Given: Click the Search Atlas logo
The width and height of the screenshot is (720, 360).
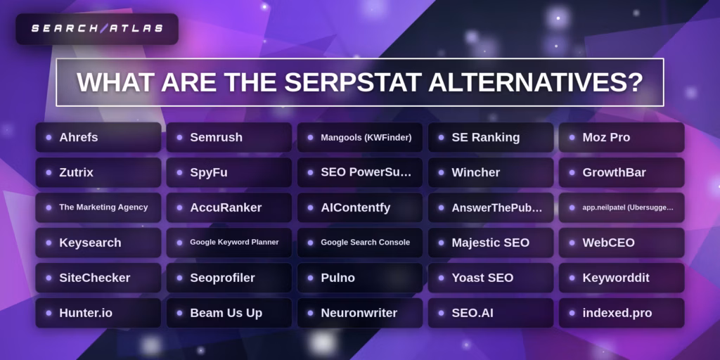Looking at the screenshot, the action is click(x=97, y=28).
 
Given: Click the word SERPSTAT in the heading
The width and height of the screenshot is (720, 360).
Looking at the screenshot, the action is click(x=353, y=82).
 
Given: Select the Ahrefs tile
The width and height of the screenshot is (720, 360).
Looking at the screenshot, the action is click(x=98, y=137).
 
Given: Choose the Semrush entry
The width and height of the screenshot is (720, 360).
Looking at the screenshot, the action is click(x=229, y=137).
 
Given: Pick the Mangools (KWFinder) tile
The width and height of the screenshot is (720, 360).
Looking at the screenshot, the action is click(x=359, y=137).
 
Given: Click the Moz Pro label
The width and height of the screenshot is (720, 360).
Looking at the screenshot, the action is click(x=606, y=137).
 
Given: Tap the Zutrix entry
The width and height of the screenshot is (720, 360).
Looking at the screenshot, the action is click(x=98, y=173).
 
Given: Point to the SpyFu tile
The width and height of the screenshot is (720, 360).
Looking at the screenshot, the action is click(x=229, y=173).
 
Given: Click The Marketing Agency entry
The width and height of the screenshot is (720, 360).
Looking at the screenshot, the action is click(x=98, y=207).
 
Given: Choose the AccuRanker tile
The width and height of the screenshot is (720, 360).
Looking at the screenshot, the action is click(x=229, y=207).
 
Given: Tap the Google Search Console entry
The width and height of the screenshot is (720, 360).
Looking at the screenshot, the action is click(x=359, y=243).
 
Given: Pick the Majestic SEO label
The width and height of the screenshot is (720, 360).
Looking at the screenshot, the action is click(x=490, y=243).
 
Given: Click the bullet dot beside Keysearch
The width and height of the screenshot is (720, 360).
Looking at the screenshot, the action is click(x=49, y=243).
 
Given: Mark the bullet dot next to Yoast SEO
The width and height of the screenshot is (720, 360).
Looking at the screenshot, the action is click(x=442, y=278).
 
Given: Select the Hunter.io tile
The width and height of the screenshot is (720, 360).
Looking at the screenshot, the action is click(x=98, y=313).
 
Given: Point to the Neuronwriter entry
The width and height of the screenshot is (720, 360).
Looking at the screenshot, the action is click(x=359, y=313).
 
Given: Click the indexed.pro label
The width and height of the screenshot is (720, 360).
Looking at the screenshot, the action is click(x=617, y=313).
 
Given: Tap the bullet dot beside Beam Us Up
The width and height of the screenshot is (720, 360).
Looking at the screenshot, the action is click(x=179, y=313).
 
